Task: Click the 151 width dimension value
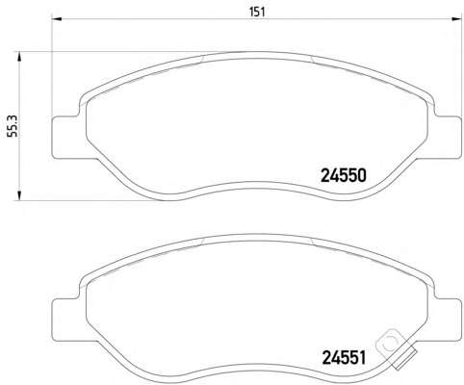(257, 13)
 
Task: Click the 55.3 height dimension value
(13, 126)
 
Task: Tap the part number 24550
(344, 176)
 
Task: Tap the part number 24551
(344, 358)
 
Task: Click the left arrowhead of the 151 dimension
(57, 19)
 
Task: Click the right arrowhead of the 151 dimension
(456, 19)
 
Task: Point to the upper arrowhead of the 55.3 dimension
(19, 57)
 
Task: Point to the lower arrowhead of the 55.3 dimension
(19, 195)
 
